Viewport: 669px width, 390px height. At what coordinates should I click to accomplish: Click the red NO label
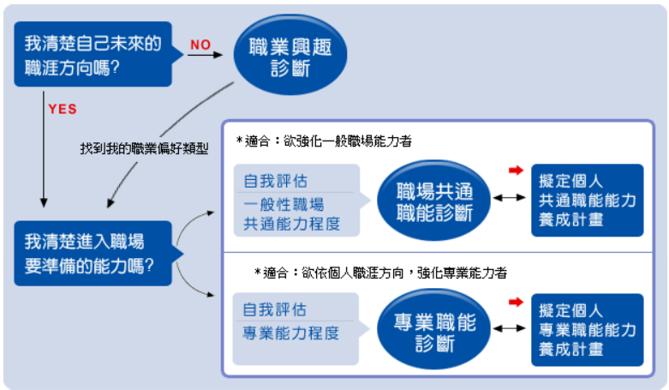tap(200, 45)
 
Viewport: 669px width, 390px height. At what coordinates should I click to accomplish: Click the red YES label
tap(63, 109)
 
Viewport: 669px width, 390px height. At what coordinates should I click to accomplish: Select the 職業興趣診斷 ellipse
tap(290, 54)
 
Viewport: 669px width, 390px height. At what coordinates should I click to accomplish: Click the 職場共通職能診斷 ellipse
tap(434, 201)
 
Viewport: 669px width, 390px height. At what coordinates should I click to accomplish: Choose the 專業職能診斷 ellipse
tap(434, 329)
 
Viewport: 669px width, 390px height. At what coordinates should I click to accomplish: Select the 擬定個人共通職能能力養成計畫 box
tap(587, 201)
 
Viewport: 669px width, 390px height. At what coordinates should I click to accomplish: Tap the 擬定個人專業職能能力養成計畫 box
tap(587, 330)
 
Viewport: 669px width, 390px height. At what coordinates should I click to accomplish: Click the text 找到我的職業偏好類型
tap(144, 148)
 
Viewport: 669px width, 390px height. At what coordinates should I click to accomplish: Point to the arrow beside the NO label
tap(206, 55)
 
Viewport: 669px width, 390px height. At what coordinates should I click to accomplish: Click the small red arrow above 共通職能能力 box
tap(516, 171)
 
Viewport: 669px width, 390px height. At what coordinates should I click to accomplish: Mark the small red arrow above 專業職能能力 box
tap(516, 303)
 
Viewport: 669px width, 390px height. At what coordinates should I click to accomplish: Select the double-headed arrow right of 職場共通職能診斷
tap(509, 198)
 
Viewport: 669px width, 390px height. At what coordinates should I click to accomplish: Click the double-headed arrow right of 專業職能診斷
tap(509, 328)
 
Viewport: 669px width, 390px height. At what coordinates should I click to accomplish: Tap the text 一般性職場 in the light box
tap(284, 204)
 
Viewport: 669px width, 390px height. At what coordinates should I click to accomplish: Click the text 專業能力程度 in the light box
tap(291, 333)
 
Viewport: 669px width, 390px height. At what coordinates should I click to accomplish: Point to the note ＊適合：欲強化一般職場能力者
tap(324, 141)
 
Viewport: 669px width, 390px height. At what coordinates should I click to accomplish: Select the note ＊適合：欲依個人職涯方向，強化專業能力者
tap(380, 273)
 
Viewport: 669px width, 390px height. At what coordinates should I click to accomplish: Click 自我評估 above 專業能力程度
tap(275, 309)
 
